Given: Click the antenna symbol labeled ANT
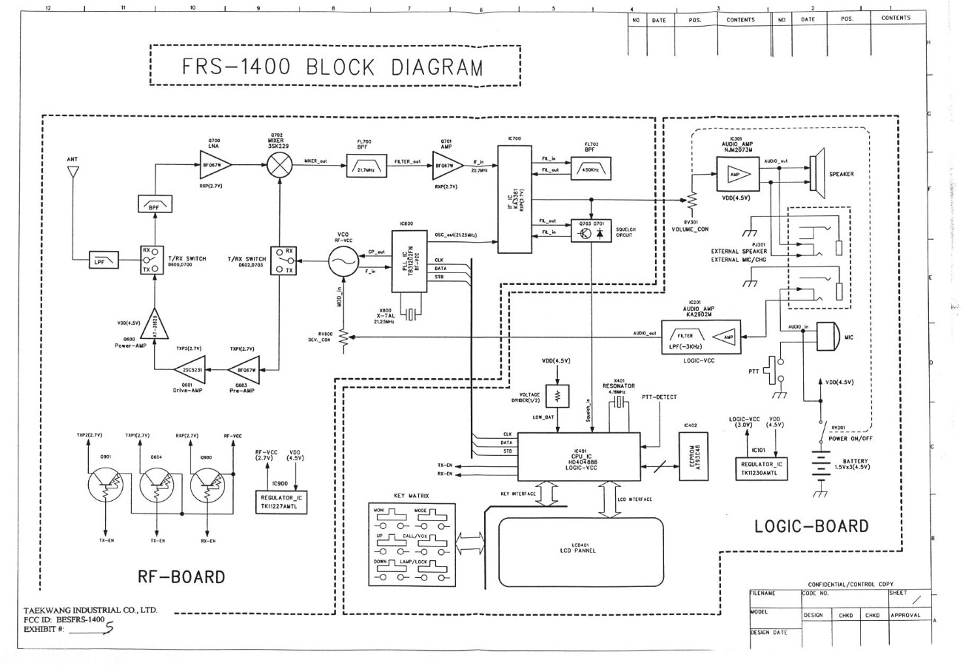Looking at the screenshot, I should (x=73, y=172).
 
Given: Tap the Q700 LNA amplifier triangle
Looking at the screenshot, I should (x=215, y=164).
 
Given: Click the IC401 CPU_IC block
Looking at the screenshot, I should (x=578, y=457).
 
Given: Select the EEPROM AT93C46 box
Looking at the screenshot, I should (x=688, y=456).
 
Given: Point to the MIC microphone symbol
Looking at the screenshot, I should (x=828, y=337).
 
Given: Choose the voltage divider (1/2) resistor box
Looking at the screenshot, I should (x=561, y=394).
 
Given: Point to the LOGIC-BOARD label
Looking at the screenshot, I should (x=811, y=527).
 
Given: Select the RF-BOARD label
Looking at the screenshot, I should (x=181, y=576).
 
